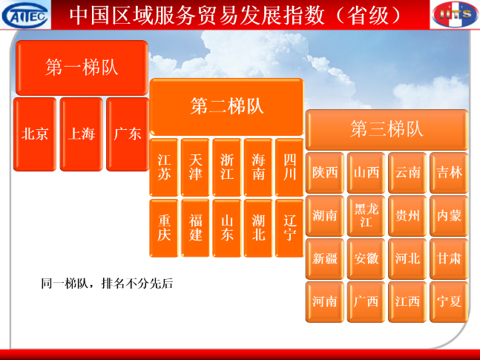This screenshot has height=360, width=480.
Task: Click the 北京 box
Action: pyautogui.click(x=35, y=134)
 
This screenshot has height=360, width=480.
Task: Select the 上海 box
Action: pyautogui.click(x=82, y=134)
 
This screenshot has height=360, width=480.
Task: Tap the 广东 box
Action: pyautogui.click(x=128, y=134)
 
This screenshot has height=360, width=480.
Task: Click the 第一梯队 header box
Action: pyautogui.click(x=82, y=68)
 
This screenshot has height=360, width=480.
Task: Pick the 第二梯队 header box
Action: pyautogui.click(x=226, y=107)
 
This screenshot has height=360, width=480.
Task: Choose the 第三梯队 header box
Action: pyautogui.click(x=387, y=129)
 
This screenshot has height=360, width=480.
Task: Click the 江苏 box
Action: pyautogui.click(x=164, y=167)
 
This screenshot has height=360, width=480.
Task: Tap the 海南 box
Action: pyautogui.click(x=258, y=167)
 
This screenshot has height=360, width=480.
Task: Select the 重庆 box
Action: pyautogui.click(x=164, y=228)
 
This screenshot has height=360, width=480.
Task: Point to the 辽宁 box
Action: pyautogui.click(x=289, y=228)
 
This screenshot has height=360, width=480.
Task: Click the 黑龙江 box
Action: pyautogui.click(x=366, y=216)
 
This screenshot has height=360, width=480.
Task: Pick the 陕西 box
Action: pyautogui.click(x=325, y=173)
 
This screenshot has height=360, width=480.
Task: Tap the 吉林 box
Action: pyautogui.click(x=449, y=173)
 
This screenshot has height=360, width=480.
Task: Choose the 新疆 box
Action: pyautogui.click(x=325, y=259)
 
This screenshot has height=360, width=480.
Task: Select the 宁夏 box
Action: pyautogui.click(x=449, y=302)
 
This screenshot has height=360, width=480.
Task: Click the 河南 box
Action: pyautogui.click(x=325, y=302)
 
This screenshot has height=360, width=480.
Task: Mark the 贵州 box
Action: pyautogui.click(x=407, y=216)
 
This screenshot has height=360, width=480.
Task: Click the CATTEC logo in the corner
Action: pyautogui.click(x=25, y=15)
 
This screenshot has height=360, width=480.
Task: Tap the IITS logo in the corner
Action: pyautogui.click(x=456, y=14)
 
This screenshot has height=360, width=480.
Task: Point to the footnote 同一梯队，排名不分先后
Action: pyautogui.click(x=107, y=284)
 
